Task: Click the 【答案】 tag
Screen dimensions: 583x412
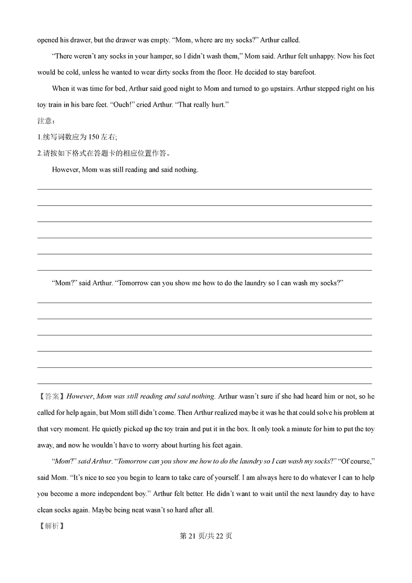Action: (51, 397)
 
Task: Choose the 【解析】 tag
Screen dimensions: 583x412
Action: (51, 526)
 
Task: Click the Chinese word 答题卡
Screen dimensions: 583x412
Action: (112, 153)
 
